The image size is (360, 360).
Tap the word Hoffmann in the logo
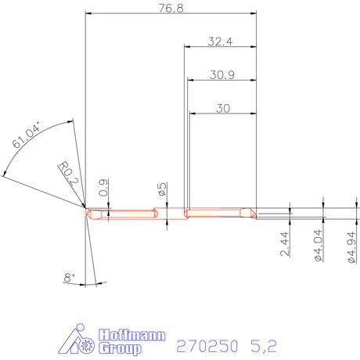(131, 334)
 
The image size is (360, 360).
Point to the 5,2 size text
(262, 344)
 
